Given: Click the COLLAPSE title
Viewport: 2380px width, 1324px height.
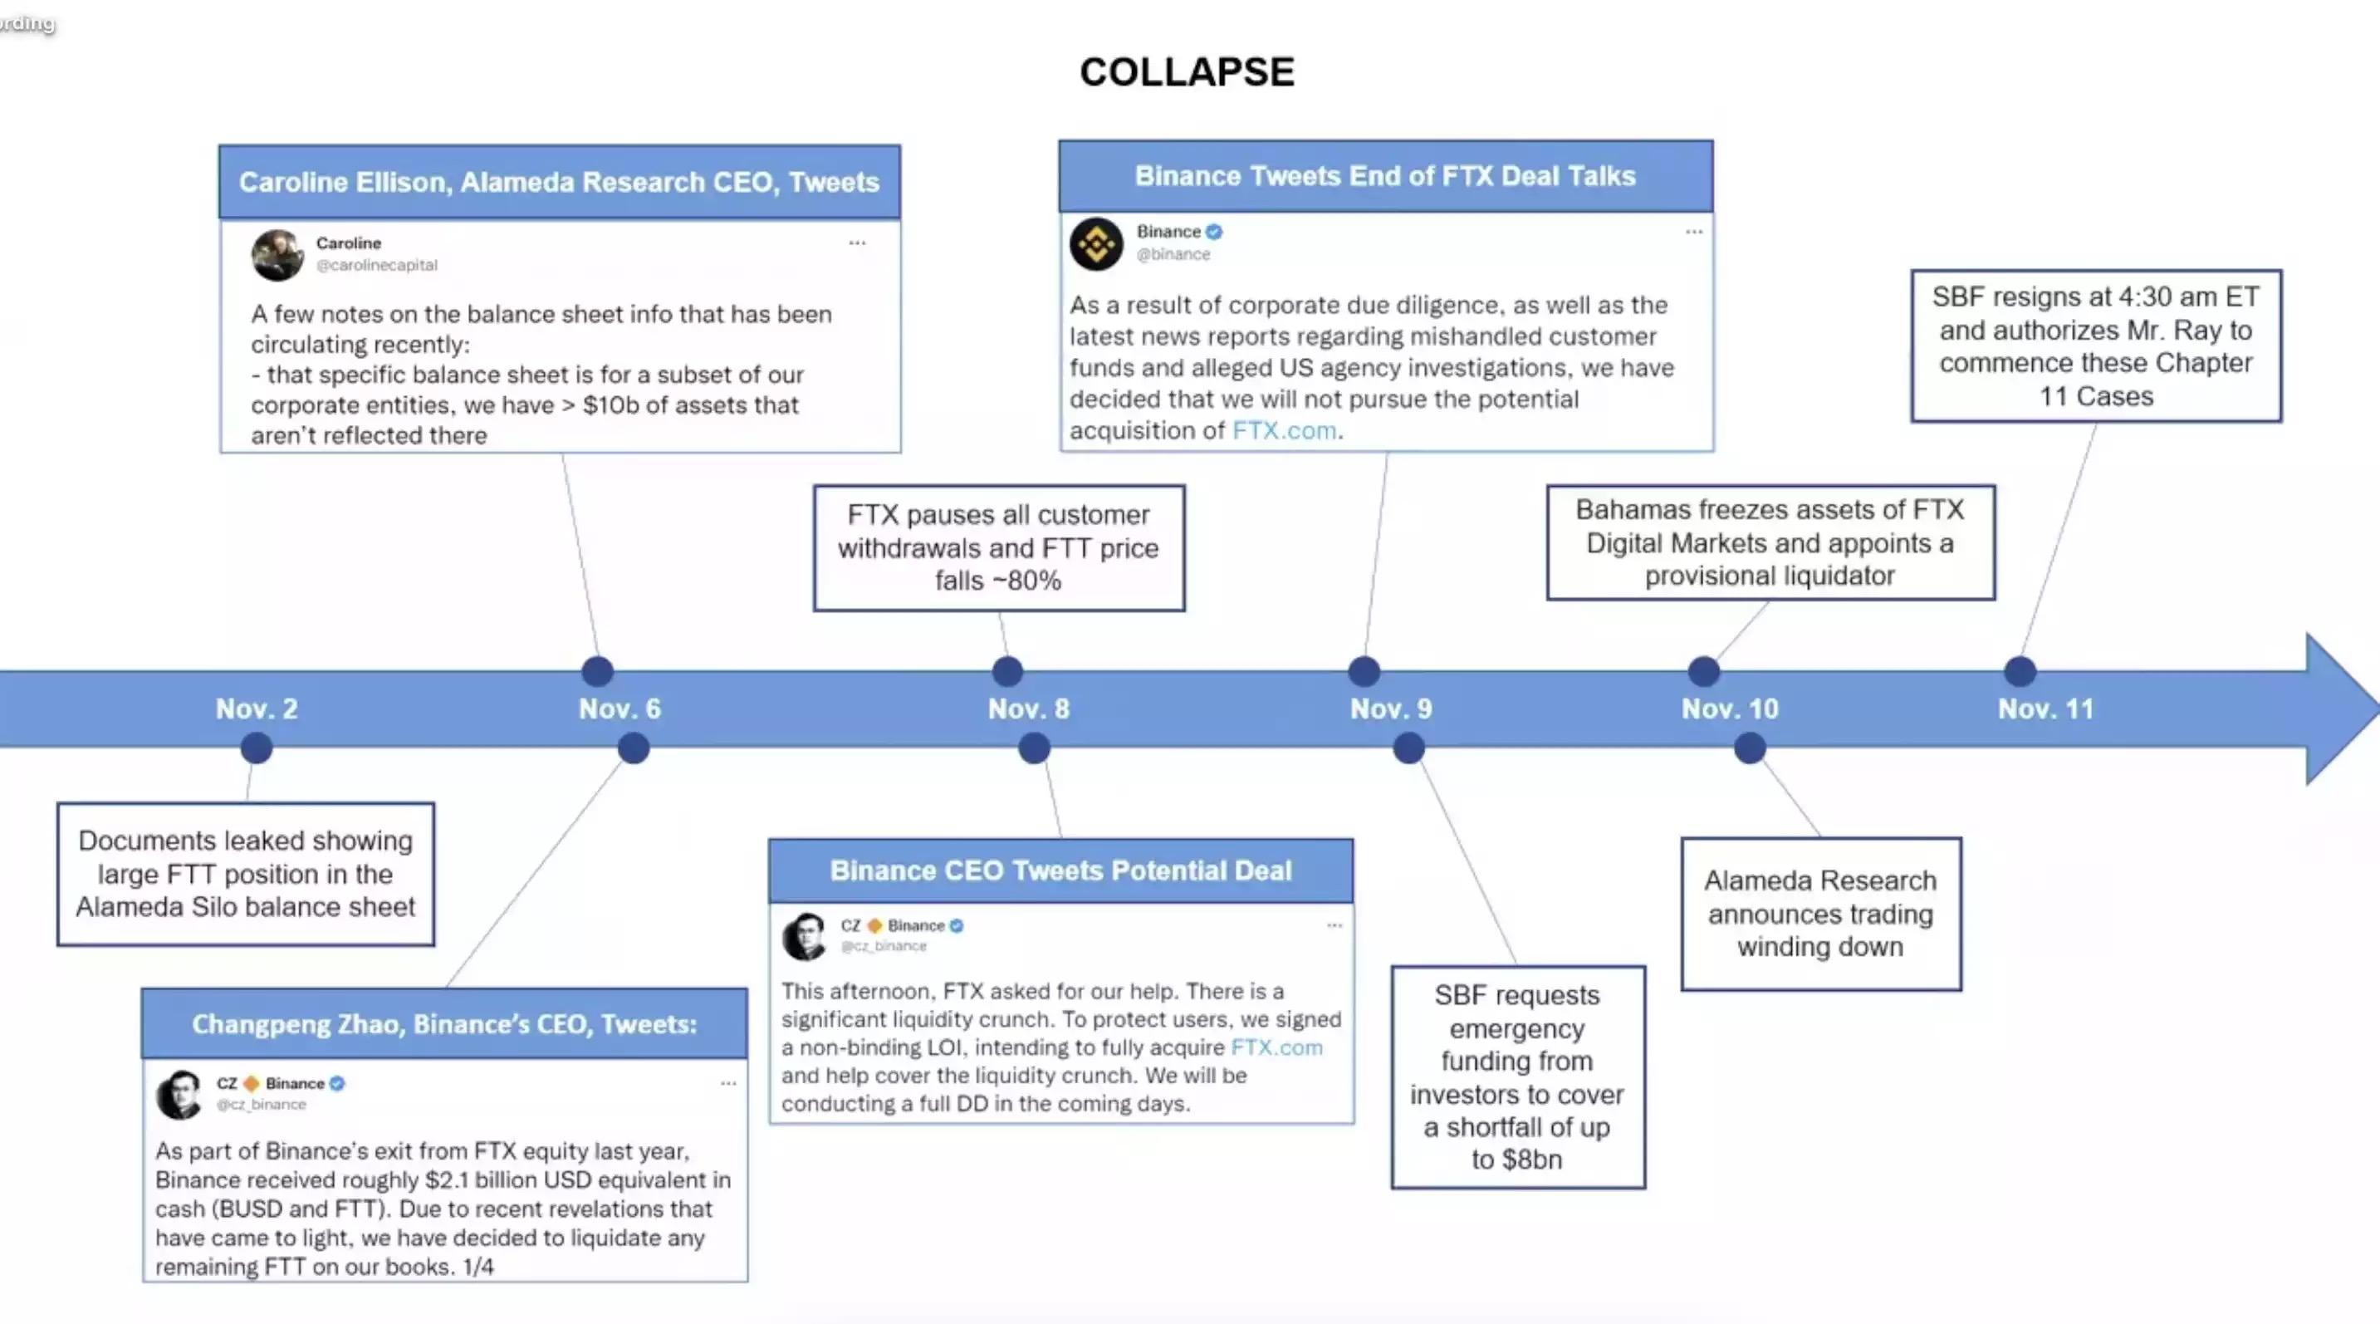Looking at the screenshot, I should pos(1188,72).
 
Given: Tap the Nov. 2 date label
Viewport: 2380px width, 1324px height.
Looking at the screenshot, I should pos(257,709).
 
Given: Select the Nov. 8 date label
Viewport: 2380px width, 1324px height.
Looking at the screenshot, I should pos(1028,709).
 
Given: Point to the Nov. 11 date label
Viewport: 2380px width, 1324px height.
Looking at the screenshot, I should pos(2045,709).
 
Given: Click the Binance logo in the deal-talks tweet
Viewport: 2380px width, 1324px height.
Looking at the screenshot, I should pos(1097,244).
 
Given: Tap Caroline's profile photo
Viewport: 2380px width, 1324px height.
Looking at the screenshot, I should pos(277,255).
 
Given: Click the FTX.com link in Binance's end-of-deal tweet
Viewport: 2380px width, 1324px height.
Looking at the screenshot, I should pos(1284,430).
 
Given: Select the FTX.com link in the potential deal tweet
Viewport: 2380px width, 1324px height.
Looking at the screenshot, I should pos(1277,1047).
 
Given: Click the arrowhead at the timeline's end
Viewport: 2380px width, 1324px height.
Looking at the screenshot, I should pos(2338,709).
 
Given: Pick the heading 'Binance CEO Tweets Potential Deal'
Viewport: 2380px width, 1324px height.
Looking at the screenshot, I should pos(1060,870).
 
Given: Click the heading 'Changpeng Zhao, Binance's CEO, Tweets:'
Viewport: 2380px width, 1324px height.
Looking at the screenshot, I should pos(444,1023).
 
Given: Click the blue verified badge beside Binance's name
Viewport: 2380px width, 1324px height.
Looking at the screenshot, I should pos(1214,232).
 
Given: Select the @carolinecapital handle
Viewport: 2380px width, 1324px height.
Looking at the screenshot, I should pos(377,265).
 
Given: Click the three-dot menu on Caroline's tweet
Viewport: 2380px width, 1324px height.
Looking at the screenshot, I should pos(857,243).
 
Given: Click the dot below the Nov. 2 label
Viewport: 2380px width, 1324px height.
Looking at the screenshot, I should pos(257,748).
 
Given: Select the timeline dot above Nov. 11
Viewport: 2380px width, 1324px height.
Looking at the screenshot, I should pos(2020,671).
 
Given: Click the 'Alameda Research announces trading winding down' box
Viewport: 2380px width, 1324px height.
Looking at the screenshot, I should pos(1820,914).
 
